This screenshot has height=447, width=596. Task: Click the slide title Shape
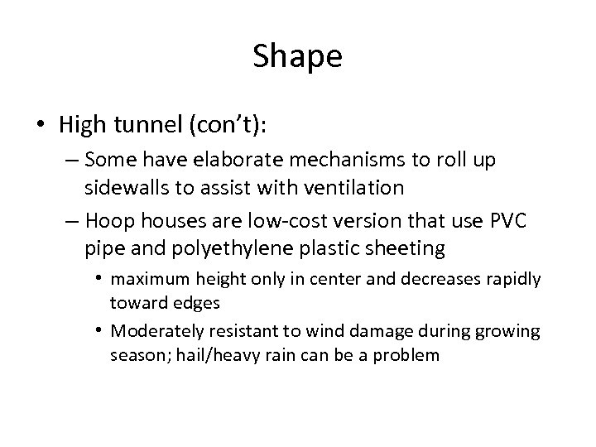[297, 56]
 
